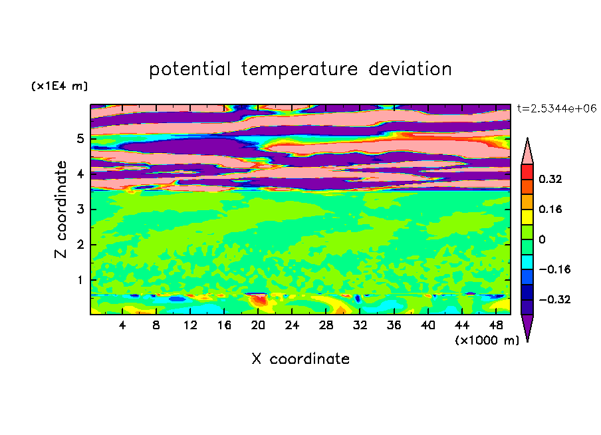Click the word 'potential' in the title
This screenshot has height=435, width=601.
point(191,69)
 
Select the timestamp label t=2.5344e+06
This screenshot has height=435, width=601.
point(556,108)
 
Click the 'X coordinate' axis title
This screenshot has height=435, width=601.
point(300,359)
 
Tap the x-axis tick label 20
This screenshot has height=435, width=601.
point(259,325)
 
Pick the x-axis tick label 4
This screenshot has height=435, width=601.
point(122,325)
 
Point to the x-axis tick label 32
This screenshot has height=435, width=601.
point(360,325)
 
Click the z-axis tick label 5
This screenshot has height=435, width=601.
point(80,139)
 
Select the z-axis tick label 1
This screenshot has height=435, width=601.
point(80,280)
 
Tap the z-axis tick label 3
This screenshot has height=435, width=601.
point(80,210)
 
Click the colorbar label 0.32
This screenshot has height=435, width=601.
point(550,179)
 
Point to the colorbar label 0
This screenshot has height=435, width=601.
point(542,239)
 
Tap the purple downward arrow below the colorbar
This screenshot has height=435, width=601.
point(527,327)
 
